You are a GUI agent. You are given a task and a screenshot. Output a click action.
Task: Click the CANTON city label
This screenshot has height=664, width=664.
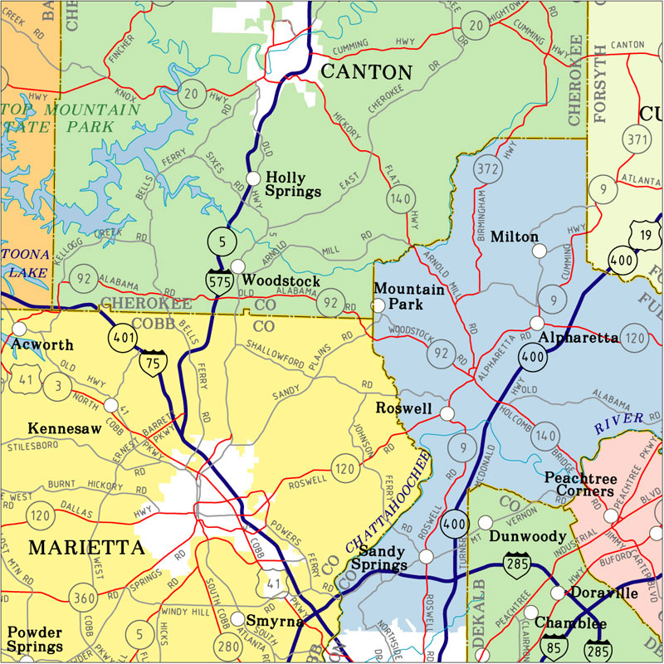(365, 72)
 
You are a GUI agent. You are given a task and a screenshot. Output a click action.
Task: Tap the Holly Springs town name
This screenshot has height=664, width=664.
(293, 184)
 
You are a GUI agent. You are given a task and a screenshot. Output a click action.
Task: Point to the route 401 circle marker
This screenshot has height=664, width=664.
(121, 337)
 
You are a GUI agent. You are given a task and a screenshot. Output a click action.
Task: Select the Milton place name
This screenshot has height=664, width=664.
(515, 237)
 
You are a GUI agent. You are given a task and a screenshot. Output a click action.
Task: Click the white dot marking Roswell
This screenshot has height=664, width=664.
(447, 413)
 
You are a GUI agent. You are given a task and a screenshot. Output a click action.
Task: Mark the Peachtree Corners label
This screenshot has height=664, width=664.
(579, 485)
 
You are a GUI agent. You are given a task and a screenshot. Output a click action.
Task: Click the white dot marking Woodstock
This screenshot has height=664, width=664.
(238, 266)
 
